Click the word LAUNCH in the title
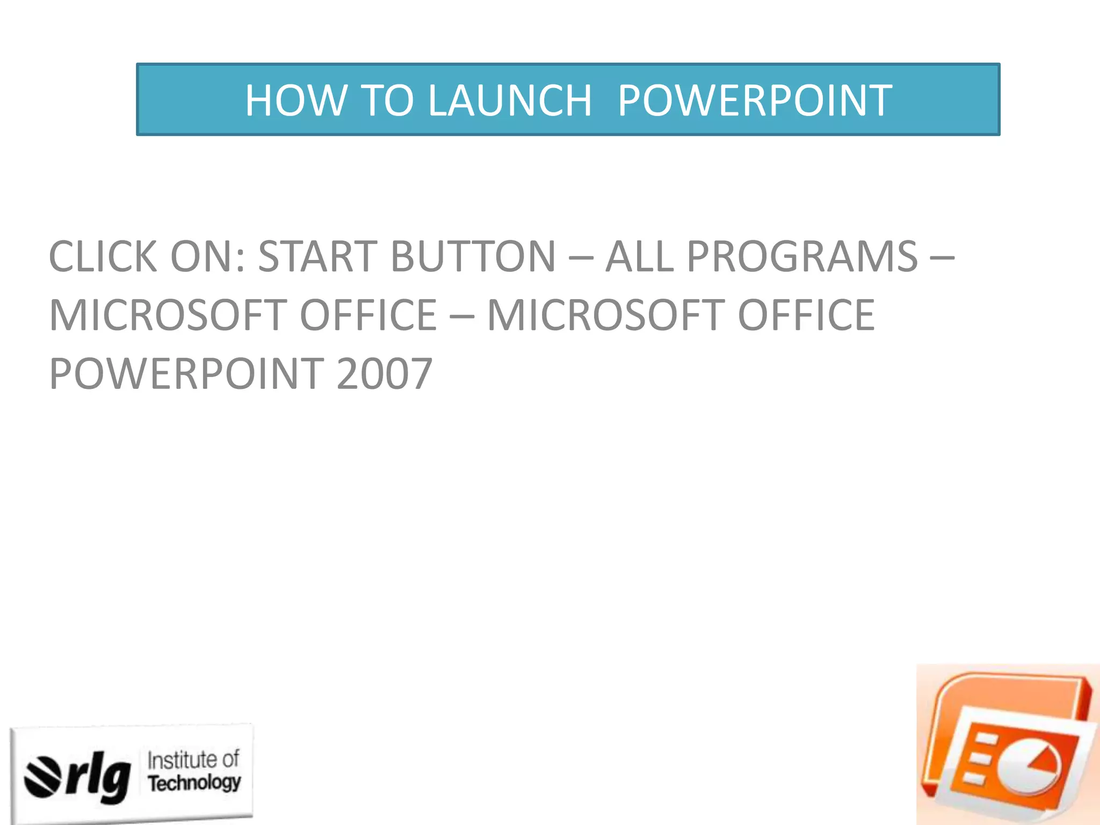[x=510, y=100]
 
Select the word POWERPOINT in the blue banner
[x=755, y=100]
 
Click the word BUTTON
[x=473, y=257]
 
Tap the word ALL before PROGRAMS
[x=639, y=257]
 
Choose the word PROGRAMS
[x=802, y=257]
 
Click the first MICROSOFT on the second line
[x=163, y=316]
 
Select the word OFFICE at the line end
[x=806, y=316]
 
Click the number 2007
[x=385, y=374]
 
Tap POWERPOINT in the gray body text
[x=186, y=374]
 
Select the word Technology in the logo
[x=194, y=783]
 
